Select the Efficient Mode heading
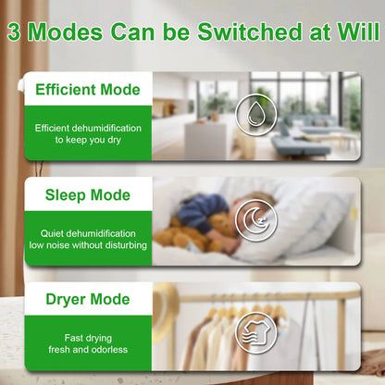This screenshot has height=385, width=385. tap(88, 90)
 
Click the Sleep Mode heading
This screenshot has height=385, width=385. tap(88, 195)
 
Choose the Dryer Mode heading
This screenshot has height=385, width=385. tap(88, 300)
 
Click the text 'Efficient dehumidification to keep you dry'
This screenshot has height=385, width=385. tap(88, 133)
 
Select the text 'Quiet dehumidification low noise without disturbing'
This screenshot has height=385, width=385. tap(88, 239)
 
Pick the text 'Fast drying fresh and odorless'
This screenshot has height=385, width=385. tap(88, 344)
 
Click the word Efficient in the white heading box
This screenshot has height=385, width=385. tap(67, 90)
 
